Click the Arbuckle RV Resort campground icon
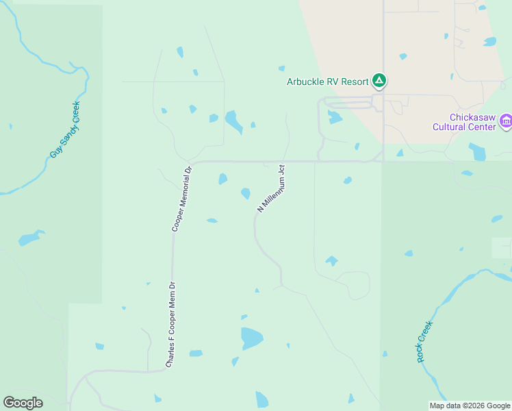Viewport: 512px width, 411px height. pos(379,82)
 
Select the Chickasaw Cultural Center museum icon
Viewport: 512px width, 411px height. pos(506,121)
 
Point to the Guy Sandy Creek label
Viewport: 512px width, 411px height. pos(65,129)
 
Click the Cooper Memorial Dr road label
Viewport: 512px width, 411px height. pos(181,198)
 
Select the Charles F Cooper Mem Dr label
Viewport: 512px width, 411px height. pos(171,325)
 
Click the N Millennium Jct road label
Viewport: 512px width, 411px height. pos(271,187)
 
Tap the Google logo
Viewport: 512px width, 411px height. pos(23,403)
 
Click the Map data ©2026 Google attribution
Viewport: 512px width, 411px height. pos(470,406)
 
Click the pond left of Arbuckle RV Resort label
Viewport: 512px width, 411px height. pos(281,68)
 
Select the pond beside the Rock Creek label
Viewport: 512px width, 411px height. pos(384,354)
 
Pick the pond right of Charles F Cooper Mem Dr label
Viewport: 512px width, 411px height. pos(196,353)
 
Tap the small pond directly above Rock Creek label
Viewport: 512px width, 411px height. pos(409,253)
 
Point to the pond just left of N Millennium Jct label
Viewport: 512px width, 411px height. pos(245,194)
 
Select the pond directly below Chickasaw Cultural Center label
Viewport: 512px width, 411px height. pos(478,151)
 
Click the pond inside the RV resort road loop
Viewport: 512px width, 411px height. pos(334,117)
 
